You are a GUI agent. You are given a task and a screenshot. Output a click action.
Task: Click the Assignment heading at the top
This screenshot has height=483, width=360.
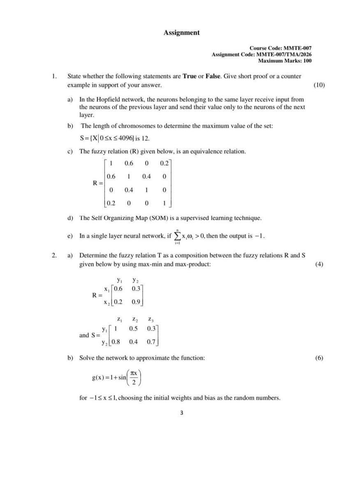[181, 32]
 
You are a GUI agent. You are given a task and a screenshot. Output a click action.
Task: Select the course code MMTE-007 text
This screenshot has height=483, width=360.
[297, 48]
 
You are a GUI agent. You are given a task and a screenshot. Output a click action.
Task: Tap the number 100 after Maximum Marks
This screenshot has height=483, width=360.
[306, 61]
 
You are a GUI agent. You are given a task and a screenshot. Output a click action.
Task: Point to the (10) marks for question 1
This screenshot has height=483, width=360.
[319, 85]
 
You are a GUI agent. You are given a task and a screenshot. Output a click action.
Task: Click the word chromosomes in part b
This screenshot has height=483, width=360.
[124, 126]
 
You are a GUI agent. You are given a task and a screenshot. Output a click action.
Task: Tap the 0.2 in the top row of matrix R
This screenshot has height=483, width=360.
[164, 163]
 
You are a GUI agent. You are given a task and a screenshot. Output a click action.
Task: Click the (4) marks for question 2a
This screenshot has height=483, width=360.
[319, 264]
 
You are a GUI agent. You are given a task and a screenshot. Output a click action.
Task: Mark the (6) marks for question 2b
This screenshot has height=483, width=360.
[319, 358]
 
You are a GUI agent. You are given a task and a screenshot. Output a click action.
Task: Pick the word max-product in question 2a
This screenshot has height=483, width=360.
[193, 264]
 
